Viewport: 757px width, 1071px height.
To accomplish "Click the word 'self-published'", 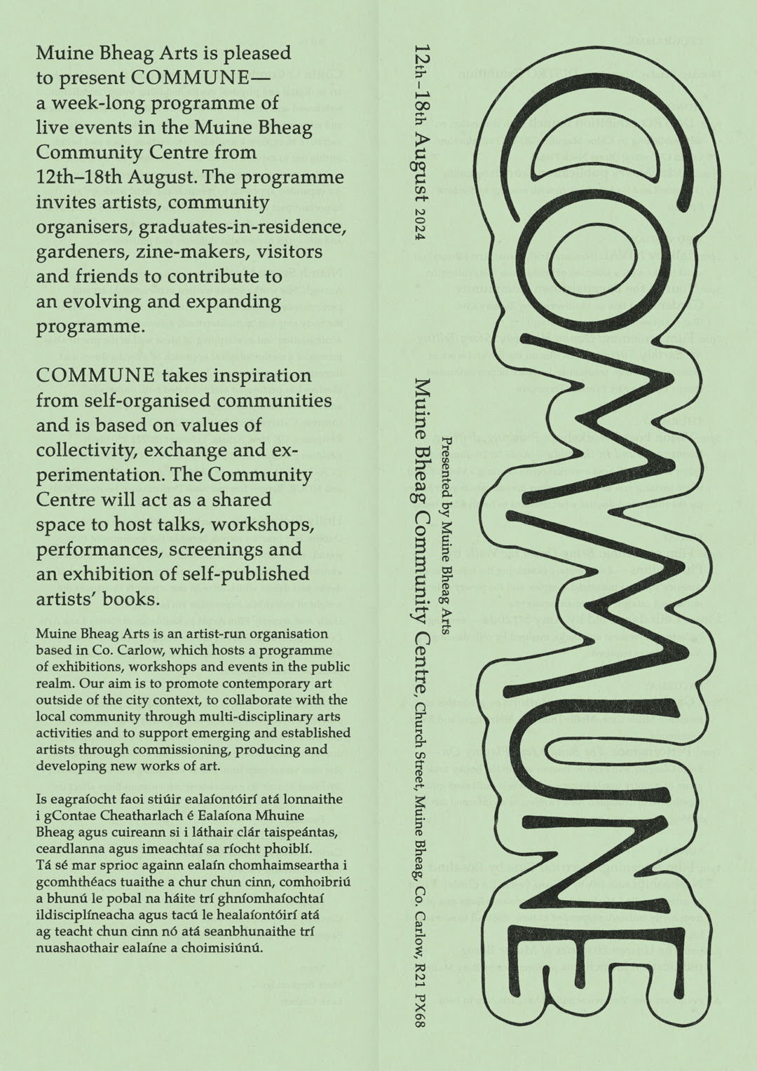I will [245, 575].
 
